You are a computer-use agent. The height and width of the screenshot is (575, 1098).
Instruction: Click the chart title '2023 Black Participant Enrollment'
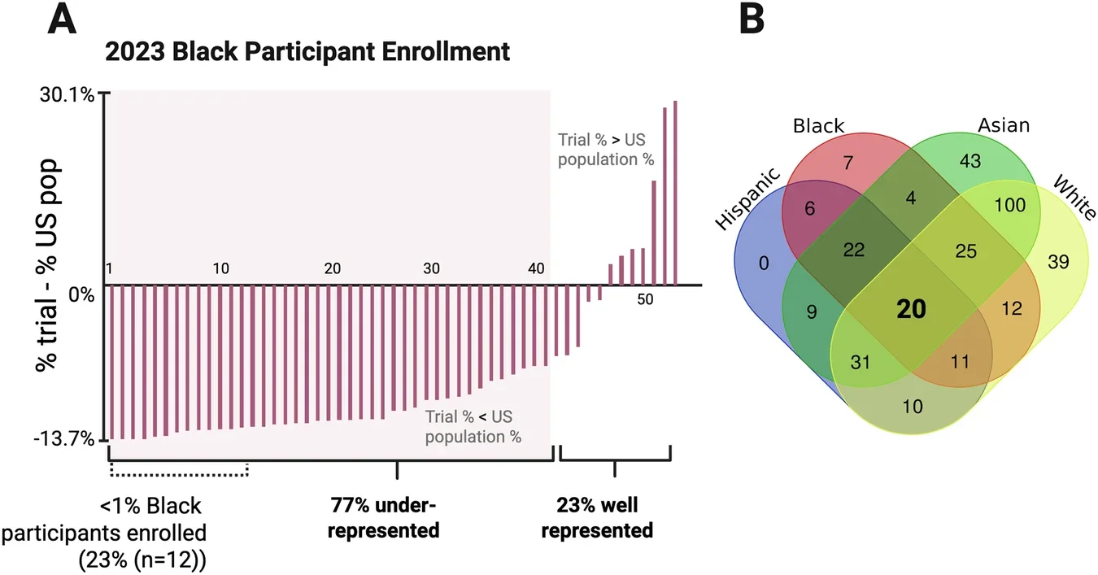click(x=307, y=52)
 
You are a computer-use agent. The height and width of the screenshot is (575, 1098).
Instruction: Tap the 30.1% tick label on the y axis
click(x=68, y=94)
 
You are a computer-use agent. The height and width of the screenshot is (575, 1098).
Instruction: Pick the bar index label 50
click(x=645, y=299)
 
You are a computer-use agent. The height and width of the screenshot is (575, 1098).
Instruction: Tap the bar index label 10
click(x=220, y=269)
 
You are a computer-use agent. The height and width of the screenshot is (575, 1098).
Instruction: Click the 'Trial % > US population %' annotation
click(x=605, y=150)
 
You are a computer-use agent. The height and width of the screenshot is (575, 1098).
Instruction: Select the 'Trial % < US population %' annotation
click(x=473, y=427)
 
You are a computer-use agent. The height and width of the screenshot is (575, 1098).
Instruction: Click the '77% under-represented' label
click(x=385, y=518)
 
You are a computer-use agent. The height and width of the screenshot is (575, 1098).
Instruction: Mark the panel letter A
click(x=63, y=20)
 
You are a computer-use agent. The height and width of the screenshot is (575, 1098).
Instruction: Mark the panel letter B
click(x=751, y=20)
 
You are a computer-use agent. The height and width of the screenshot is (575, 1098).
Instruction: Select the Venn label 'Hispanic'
click(x=749, y=199)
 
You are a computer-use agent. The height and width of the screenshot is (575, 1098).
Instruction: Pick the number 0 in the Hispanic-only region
click(x=763, y=263)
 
